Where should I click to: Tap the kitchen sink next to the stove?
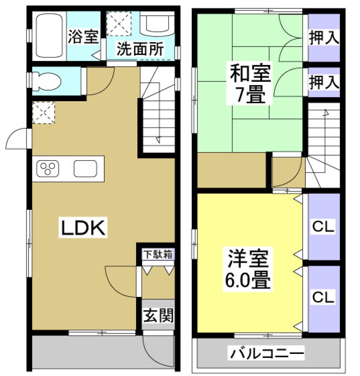pos(86,168)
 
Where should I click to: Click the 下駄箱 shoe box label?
pos(157,254)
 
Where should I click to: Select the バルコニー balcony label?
pos(267,353)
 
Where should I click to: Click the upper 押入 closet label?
pos(324,38)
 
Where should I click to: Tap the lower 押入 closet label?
pos(324,82)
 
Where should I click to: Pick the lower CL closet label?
pos(324,298)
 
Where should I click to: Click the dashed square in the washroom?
pos(119,23)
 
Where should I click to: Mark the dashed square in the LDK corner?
pos(44,112)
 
